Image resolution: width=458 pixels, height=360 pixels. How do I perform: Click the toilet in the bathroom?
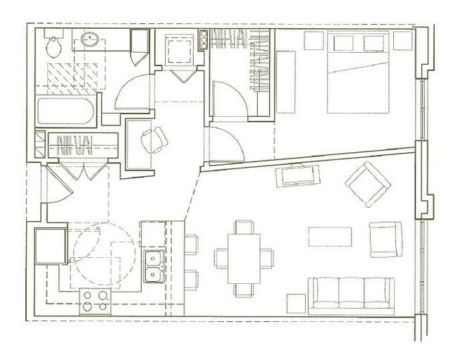click(x=52, y=46)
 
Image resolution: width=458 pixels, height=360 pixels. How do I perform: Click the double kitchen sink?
click(x=152, y=265)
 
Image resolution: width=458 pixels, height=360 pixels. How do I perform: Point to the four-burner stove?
click(x=95, y=300)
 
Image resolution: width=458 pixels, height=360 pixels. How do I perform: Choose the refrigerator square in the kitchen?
click(x=51, y=246)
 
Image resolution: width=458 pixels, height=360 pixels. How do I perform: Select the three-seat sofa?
click(x=351, y=293)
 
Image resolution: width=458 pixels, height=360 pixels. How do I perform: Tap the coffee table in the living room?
click(x=329, y=236)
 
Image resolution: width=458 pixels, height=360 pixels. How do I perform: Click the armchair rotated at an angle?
click(x=367, y=185)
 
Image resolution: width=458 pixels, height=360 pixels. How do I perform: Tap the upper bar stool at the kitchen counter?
click(x=191, y=244)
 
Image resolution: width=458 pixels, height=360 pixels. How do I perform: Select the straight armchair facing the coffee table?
click(x=384, y=239)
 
